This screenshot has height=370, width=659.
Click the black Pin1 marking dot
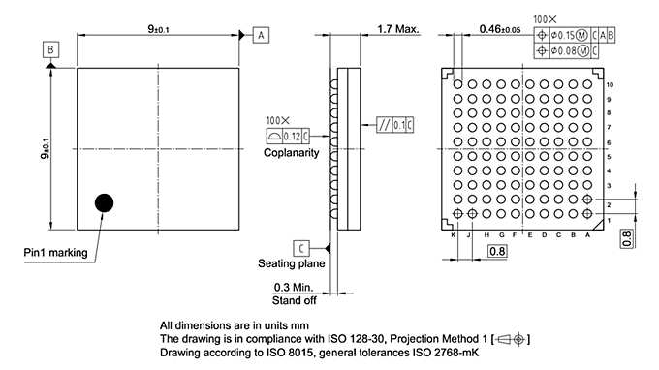tap(104, 202)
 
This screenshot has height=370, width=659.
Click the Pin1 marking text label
tap(56, 253)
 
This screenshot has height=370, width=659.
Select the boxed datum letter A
tap(261, 34)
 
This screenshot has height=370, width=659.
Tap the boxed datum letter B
tap(50, 48)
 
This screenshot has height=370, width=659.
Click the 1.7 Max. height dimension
tap(397, 29)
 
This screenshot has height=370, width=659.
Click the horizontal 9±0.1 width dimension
tap(159, 29)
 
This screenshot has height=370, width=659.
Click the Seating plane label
tap(290, 263)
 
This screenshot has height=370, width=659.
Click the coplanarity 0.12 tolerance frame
tap(286, 136)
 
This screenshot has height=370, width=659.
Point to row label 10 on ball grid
tap(610, 85)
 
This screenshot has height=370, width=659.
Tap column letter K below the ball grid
tap(454, 235)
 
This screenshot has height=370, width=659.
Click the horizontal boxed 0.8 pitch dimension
tap(496, 252)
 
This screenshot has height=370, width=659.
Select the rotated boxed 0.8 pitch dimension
tap(627, 237)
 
